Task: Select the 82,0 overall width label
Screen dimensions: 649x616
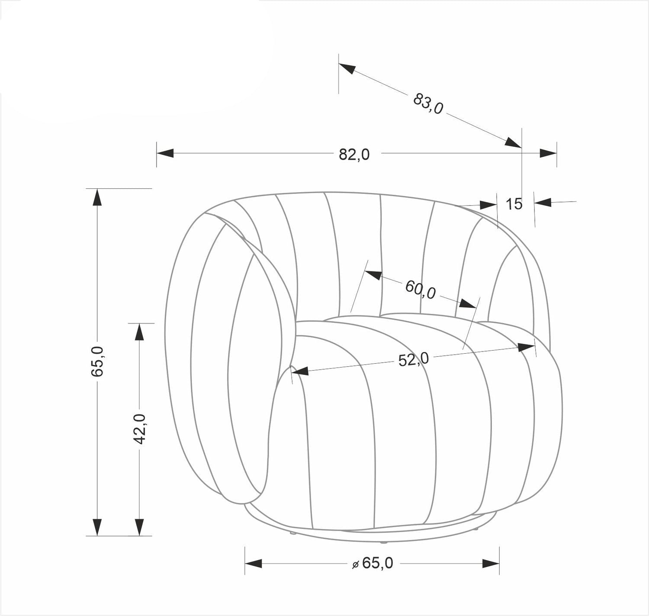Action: point(354,154)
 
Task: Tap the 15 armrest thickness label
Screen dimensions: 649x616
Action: point(514,204)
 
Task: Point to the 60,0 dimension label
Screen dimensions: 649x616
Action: point(420,290)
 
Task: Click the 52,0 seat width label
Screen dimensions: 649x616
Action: point(413,359)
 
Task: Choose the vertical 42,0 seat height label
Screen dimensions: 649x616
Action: point(140,429)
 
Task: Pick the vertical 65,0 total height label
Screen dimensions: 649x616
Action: point(97,361)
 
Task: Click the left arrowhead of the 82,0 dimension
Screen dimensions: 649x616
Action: point(165,153)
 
